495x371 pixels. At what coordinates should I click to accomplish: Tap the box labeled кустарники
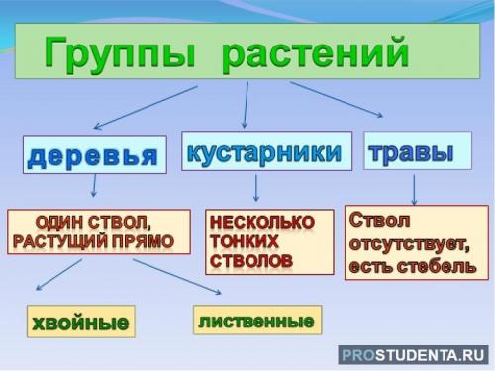click(263, 151)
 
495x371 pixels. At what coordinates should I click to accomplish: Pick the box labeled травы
click(412, 151)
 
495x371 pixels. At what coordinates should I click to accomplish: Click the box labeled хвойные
click(79, 322)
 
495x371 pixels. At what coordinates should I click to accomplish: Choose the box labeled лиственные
click(256, 320)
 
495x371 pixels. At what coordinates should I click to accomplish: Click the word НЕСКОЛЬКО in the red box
click(261, 222)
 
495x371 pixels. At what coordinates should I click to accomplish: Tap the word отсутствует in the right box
click(410, 243)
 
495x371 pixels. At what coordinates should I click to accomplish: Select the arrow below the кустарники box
click(256, 187)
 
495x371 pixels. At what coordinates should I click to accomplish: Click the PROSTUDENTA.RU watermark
click(414, 355)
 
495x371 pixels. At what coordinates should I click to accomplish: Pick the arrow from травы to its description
click(414, 188)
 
